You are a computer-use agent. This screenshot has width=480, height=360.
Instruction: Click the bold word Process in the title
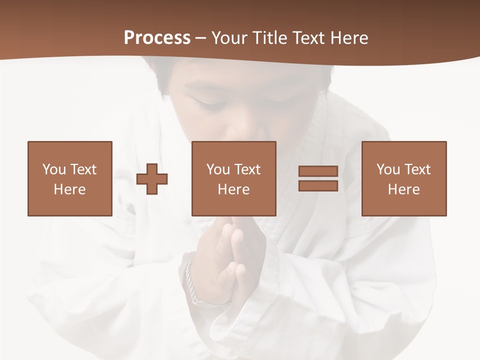157,38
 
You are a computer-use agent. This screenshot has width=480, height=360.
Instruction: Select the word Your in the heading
230,38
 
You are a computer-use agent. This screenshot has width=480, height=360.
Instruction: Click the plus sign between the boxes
152,178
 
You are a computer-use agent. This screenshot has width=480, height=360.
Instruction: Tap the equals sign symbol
318,178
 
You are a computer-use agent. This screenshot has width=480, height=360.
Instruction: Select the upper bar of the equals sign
318,171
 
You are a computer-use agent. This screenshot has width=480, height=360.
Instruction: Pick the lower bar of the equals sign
318,185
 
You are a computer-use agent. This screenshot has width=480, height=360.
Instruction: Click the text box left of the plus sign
70,178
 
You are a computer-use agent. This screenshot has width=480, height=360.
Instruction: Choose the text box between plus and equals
234,178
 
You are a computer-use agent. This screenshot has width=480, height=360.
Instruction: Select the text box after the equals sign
404,178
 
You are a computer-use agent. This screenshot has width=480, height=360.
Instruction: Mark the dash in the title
201,38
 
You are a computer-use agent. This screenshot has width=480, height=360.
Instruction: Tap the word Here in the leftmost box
70,189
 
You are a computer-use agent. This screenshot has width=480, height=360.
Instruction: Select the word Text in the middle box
247,169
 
